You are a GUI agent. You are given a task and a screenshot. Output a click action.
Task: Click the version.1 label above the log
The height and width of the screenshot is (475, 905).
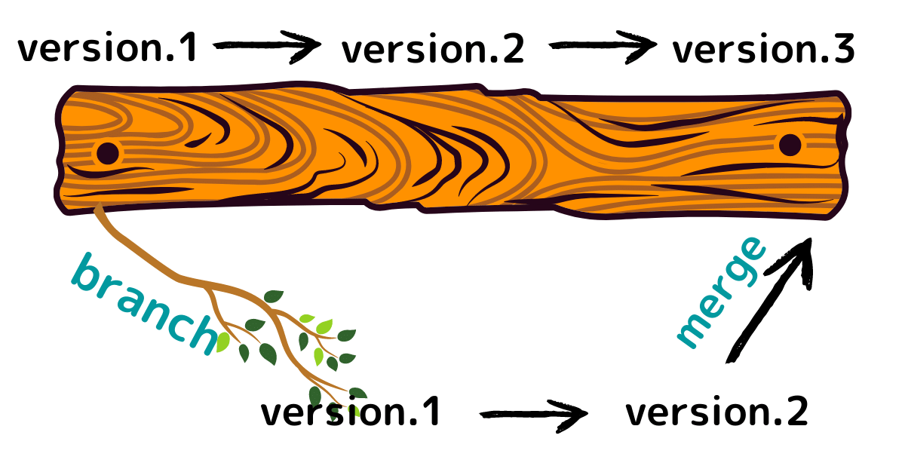[108, 48]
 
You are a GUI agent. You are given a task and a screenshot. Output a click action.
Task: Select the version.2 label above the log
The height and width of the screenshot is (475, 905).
[432, 50]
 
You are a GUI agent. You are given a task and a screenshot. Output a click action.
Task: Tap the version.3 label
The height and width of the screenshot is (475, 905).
[763, 50]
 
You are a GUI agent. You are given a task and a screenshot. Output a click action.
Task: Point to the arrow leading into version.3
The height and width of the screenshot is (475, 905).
[601, 47]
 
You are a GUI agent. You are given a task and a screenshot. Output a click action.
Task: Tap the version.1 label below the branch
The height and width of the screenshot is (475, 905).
[350, 413]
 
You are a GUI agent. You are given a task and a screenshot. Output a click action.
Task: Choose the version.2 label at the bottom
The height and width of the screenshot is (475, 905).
[716, 412]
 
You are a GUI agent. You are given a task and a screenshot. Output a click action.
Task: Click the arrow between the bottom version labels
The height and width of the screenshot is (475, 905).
[532, 413]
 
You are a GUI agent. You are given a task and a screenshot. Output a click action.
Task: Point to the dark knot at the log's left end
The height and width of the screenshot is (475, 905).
[108, 153]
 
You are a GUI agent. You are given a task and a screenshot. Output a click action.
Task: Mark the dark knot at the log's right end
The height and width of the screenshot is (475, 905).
[790, 145]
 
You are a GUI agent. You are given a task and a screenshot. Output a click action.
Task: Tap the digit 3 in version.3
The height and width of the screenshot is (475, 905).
[844, 50]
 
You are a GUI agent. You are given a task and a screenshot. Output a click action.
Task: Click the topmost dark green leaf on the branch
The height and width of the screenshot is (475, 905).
[273, 296]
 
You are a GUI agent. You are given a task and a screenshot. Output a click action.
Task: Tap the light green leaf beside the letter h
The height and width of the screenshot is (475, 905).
[222, 342]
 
